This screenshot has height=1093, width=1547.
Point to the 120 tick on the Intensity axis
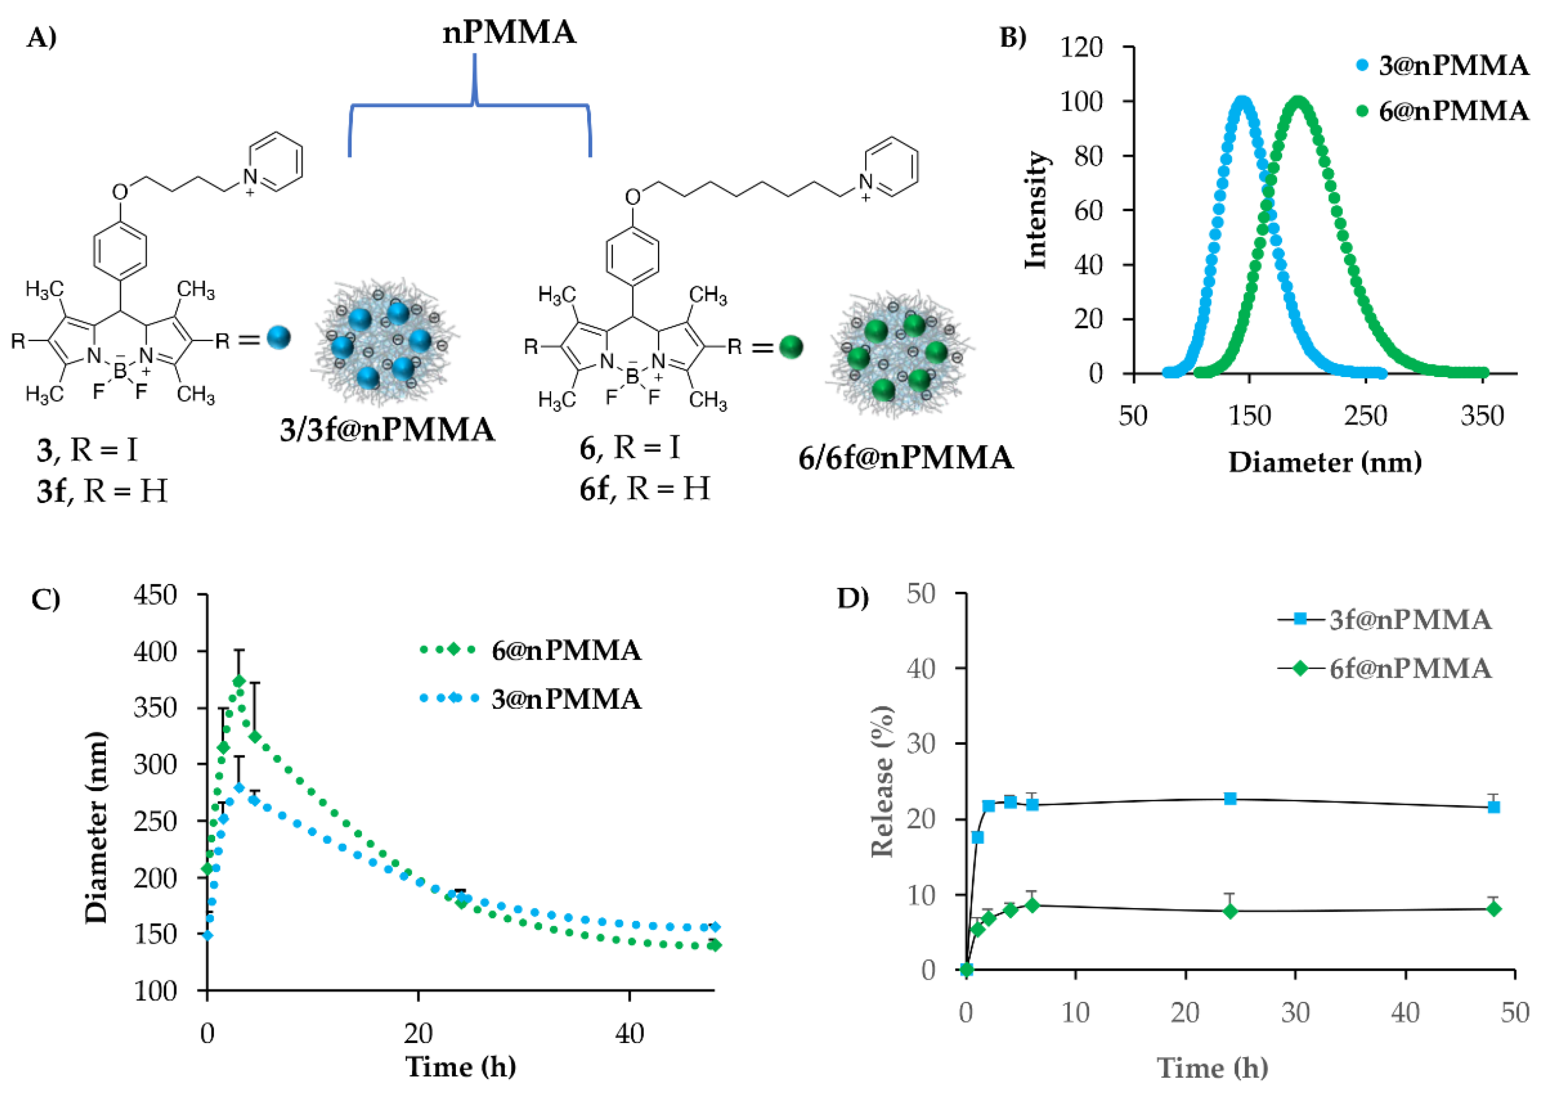[x=1081, y=47]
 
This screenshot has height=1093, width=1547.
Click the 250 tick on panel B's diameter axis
[x=1366, y=416]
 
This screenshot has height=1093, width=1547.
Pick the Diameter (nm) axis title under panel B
[x=1325, y=462]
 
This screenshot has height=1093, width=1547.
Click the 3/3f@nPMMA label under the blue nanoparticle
[x=387, y=430]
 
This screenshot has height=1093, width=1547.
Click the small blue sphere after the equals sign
[x=278, y=337]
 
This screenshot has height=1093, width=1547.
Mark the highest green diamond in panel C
[x=238, y=681]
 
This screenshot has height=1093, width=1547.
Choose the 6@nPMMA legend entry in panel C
[x=566, y=650]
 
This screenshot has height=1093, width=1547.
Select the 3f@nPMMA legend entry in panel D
[x=1410, y=619]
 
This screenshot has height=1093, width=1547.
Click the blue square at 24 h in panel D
[x=1230, y=799]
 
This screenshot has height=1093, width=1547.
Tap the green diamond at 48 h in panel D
[x=1494, y=908]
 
